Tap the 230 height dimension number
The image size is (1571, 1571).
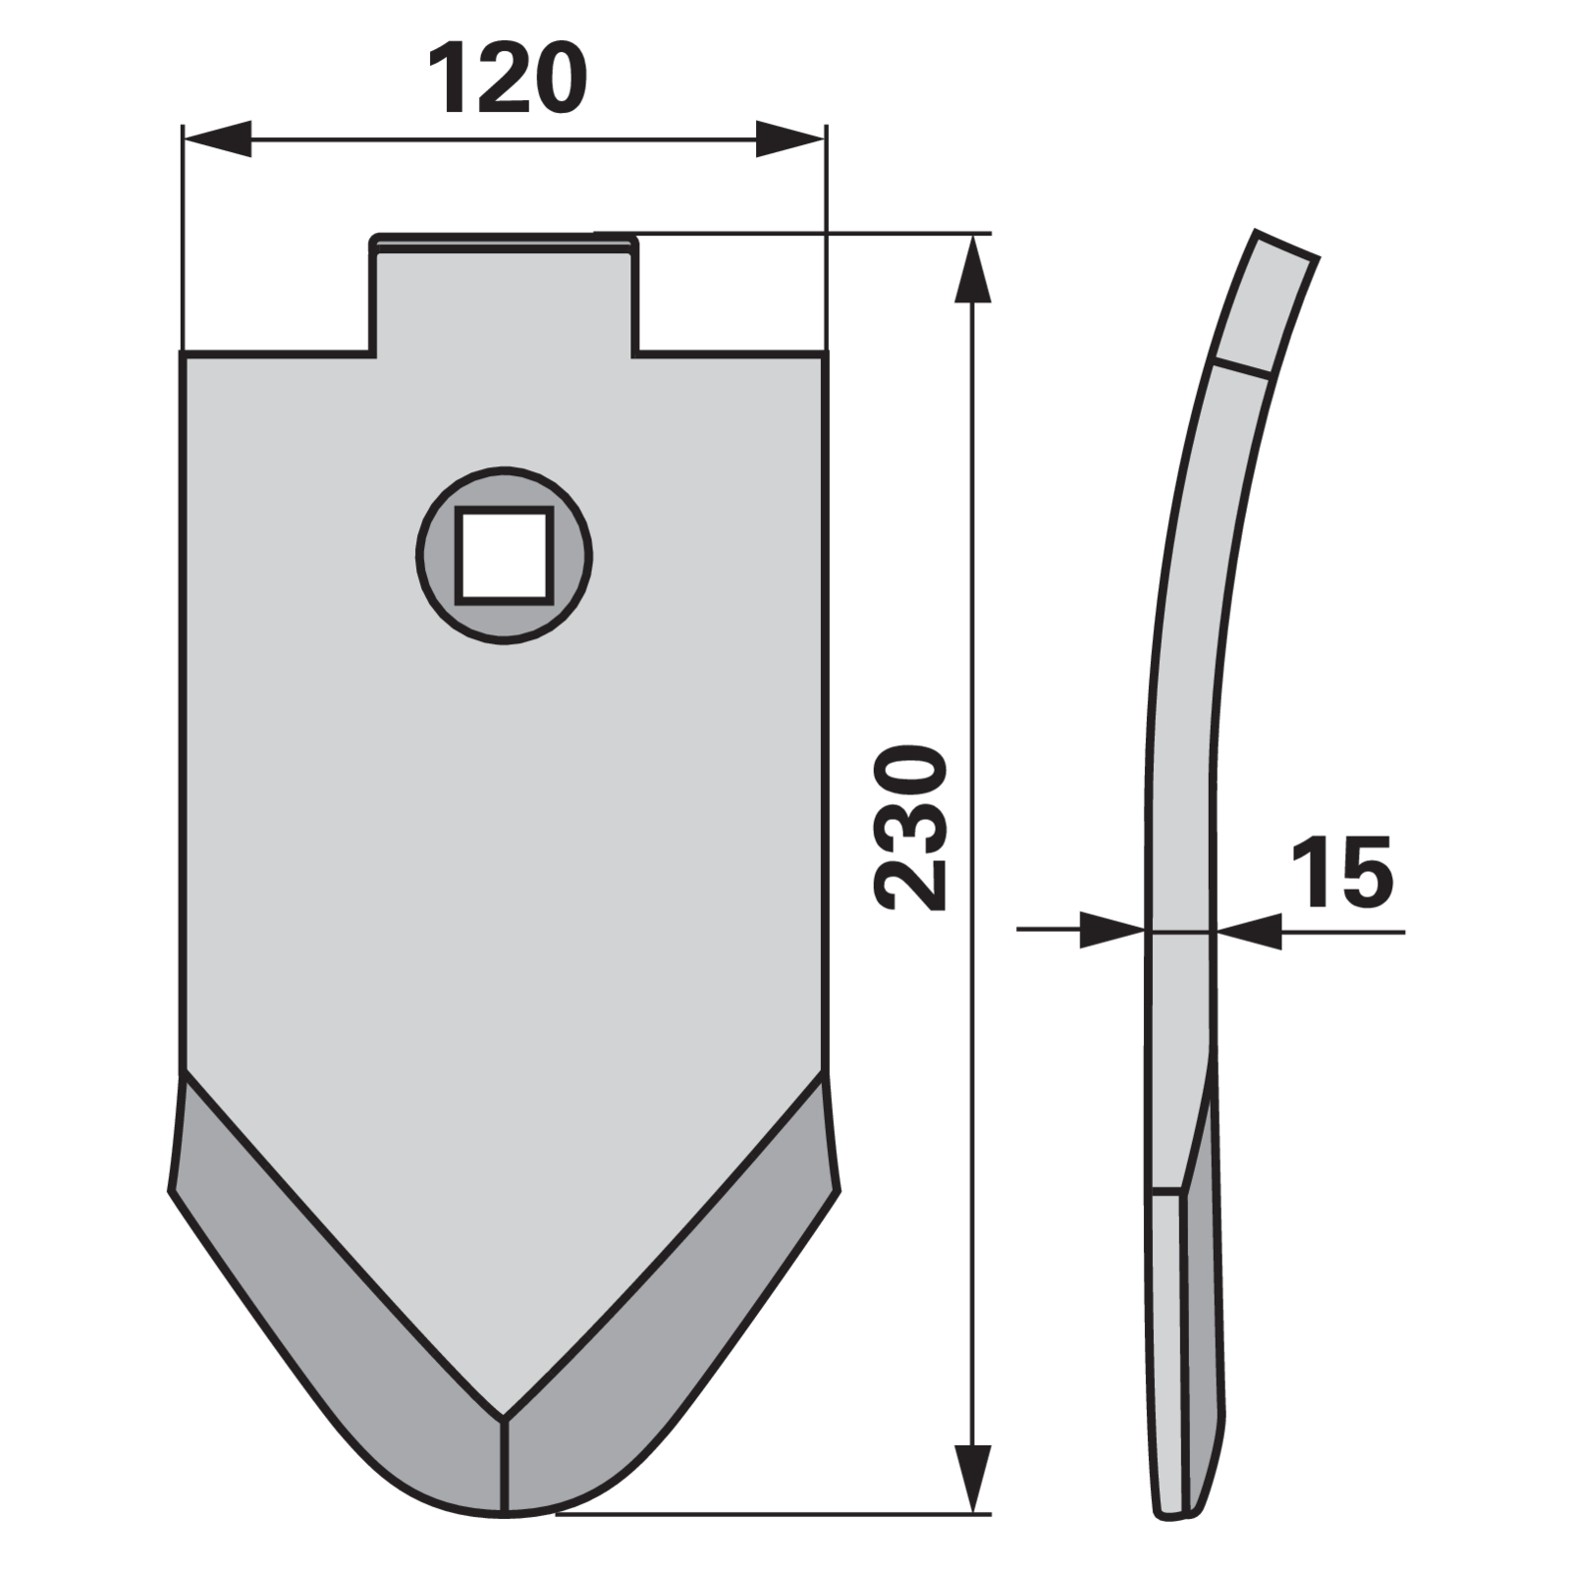coord(910,828)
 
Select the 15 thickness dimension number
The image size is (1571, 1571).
coord(1341,871)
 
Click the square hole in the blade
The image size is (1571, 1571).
coord(504,555)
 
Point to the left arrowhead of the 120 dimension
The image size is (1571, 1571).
coord(217,138)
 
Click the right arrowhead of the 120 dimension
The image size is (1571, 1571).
coord(789,138)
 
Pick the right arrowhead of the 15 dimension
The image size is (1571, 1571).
coord(1249,931)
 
